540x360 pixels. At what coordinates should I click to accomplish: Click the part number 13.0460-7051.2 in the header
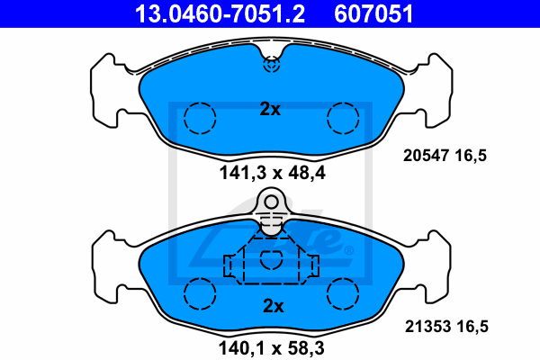(220, 13)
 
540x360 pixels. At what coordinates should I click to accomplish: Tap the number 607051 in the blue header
(373, 13)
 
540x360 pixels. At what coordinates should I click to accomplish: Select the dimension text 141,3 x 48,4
(272, 173)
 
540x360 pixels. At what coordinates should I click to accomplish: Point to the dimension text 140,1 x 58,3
(272, 348)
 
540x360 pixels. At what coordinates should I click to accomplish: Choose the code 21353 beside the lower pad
(427, 326)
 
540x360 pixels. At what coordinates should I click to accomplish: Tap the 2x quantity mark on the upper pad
(270, 109)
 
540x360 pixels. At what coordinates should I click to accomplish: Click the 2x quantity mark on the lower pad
(274, 306)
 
